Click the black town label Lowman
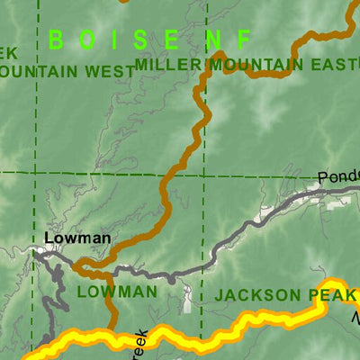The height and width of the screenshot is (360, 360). click(77, 238)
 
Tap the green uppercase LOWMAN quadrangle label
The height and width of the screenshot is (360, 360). click(116, 292)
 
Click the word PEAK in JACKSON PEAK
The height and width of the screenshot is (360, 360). click(330, 294)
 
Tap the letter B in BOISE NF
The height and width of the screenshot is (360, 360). click(55, 40)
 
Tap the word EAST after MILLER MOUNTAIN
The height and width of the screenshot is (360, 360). click(328, 64)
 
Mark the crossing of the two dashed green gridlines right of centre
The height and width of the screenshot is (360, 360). click(204, 175)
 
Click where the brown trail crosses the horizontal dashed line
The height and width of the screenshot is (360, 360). click(172, 175)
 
